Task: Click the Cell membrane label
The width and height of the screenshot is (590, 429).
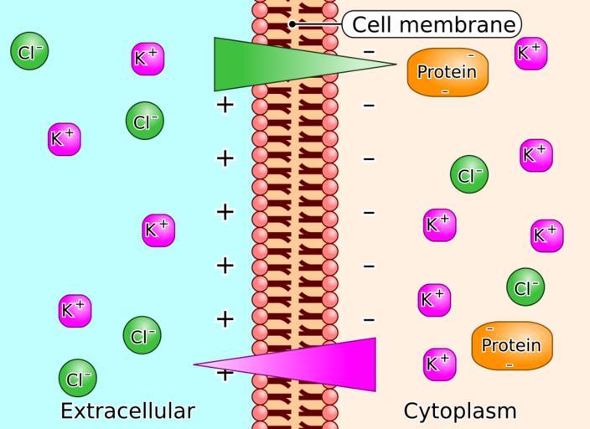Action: pyautogui.click(x=432, y=24)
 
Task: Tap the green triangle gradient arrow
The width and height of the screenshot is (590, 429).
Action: pyautogui.click(x=268, y=64)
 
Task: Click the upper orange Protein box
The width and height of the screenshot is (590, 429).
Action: pyautogui.click(x=447, y=72)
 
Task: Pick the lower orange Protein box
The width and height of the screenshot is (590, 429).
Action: pyautogui.click(x=510, y=345)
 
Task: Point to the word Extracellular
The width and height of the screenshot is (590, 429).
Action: pyautogui.click(x=127, y=411)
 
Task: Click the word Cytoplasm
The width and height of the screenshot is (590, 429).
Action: pyautogui.click(x=460, y=411)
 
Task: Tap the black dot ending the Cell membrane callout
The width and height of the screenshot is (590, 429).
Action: pyautogui.click(x=292, y=23)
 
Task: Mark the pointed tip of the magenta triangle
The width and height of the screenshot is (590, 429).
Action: pyautogui.click(x=196, y=364)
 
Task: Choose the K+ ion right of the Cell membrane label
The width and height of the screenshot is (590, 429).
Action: pyautogui.click(x=531, y=53)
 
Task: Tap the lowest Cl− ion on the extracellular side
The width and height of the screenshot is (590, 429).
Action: pyautogui.click(x=77, y=377)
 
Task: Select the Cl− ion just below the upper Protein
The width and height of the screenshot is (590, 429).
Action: pyautogui.click(x=468, y=175)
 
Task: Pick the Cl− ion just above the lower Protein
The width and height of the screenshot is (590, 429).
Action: pyautogui.click(x=525, y=287)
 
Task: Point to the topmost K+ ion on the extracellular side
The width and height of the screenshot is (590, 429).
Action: pyautogui.click(x=148, y=58)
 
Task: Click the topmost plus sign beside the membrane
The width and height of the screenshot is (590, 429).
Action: pyautogui.click(x=224, y=105)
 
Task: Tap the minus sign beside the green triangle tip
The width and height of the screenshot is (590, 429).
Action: pyautogui.click(x=369, y=52)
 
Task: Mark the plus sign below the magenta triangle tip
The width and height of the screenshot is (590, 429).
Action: pyautogui.click(x=224, y=375)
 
